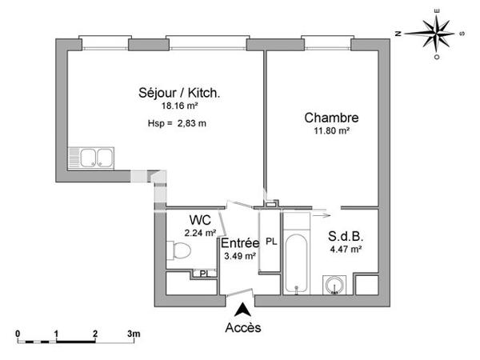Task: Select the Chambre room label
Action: coord(331,118)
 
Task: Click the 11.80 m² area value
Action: coord(331,130)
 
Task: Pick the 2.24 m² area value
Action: coord(200,233)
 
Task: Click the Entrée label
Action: coord(239,243)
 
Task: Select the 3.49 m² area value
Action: coord(239,256)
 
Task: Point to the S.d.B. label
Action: coord(346,237)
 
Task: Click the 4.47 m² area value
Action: coord(346,249)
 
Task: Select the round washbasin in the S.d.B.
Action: coord(334,285)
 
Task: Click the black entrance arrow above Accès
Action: coord(242,308)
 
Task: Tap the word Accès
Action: coord(242,326)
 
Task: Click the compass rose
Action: coord(436,33)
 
